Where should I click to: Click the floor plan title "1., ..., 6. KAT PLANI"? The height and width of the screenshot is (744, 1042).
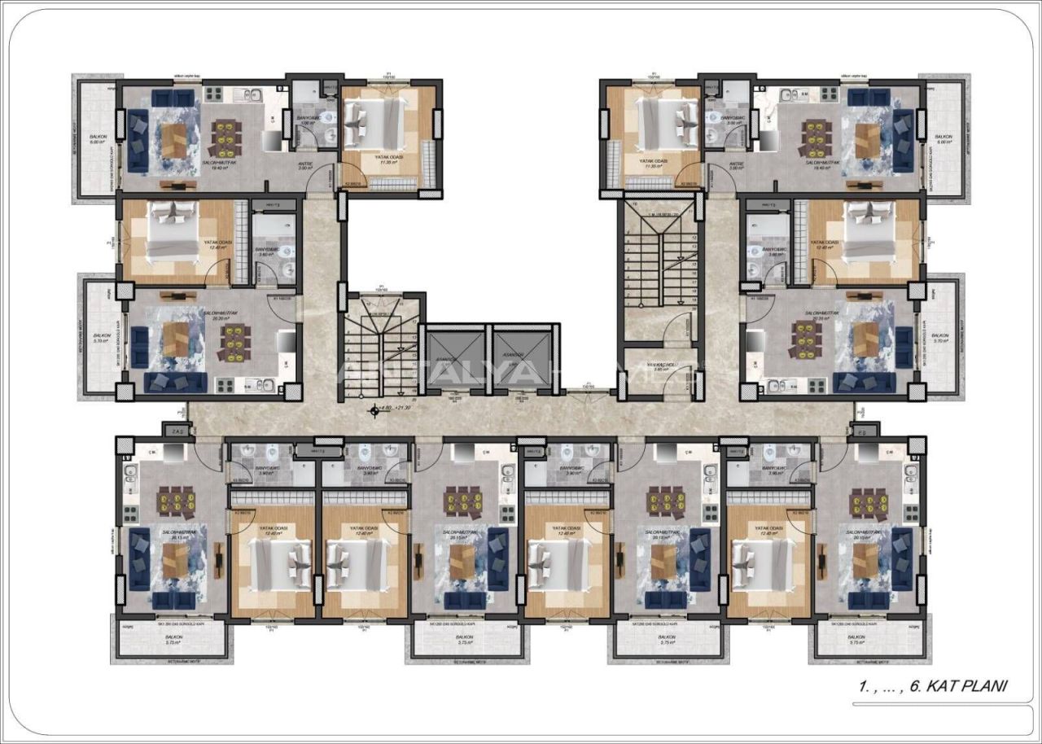[x=932, y=686]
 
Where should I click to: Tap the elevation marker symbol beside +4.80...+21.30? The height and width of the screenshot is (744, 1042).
[x=374, y=411]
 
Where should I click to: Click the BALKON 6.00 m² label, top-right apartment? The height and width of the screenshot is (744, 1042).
[x=943, y=139]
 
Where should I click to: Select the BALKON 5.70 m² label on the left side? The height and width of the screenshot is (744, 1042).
[x=102, y=338]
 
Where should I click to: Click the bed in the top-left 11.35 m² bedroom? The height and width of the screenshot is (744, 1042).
[x=377, y=123]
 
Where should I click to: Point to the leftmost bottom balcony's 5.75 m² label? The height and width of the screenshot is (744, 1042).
[x=173, y=641]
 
